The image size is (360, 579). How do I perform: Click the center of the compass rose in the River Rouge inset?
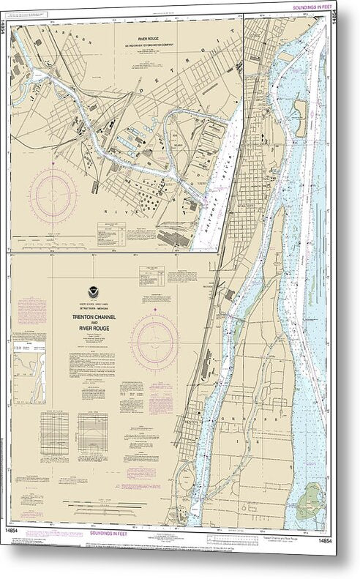(x=53, y=195)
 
